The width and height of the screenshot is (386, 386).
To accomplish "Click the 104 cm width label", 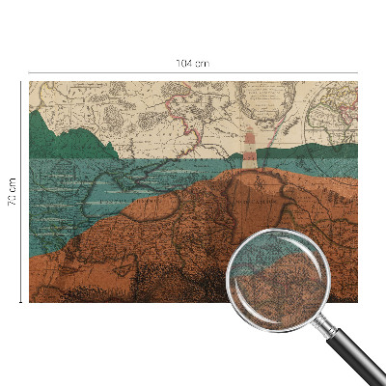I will pyautogui.click(x=192, y=64).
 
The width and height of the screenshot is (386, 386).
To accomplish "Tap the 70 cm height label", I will pyautogui.click(x=13, y=191).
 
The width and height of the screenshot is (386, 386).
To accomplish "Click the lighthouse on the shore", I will pyautogui.click(x=251, y=151).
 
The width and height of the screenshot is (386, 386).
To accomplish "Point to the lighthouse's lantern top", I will pyautogui.click(x=251, y=132).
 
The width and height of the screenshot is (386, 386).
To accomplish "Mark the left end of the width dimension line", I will pyautogui.click(x=29, y=72).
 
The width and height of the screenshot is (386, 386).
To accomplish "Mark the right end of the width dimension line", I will pyautogui.click(x=357, y=72).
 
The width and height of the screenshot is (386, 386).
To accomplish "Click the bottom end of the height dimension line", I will pyautogui.click(x=21, y=302).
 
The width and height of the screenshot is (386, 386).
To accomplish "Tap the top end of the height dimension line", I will pyautogui.click(x=21, y=81).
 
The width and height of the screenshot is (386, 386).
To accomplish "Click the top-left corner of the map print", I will pyautogui.click(x=30, y=82).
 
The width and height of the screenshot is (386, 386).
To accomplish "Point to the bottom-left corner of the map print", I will pyautogui.click(x=30, y=301).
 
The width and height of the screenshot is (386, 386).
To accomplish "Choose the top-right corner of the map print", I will pyautogui.click(x=356, y=82).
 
